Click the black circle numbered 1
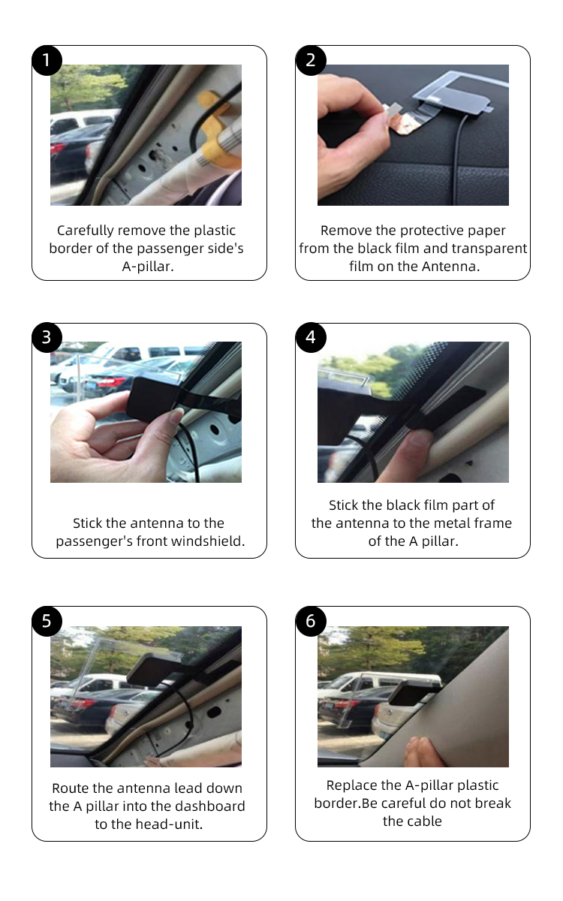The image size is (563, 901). [x=47, y=60]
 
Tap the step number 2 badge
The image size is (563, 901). [x=311, y=60]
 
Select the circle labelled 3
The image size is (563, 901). [x=47, y=337]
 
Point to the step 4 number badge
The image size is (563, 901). [x=311, y=337]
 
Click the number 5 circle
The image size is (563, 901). [x=47, y=621]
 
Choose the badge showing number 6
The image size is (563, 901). [x=311, y=621]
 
